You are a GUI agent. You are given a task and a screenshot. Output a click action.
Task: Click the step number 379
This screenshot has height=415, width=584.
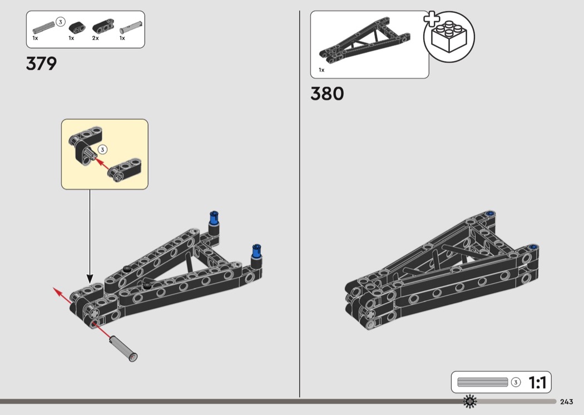pyautogui.click(x=41, y=64)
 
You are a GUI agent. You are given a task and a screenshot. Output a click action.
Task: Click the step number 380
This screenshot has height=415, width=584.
pyautogui.click(x=327, y=93)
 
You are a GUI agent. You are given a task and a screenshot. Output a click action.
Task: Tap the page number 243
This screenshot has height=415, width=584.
pyautogui.click(x=566, y=402)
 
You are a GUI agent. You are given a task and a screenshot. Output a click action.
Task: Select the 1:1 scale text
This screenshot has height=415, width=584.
pyautogui.click(x=537, y=383)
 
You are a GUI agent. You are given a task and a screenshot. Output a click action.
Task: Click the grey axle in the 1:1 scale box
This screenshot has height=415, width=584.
pyautogui.click(x=482, y=382)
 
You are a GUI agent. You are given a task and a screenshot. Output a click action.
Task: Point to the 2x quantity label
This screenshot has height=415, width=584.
pyautogui.click(x=95, y=38)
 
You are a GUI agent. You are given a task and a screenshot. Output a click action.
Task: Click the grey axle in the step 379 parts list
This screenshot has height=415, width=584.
pyautogui.click(x=44, y=28)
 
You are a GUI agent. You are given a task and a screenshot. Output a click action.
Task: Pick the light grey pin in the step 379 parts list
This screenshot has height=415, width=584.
pyautogui.click(x=131, y=28)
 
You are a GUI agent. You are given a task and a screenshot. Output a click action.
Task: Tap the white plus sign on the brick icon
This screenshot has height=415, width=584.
pyautogui.click(x=431, y=19)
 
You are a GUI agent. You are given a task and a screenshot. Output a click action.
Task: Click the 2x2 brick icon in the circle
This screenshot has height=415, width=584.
pyautogui.click(x=449, y=37)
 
